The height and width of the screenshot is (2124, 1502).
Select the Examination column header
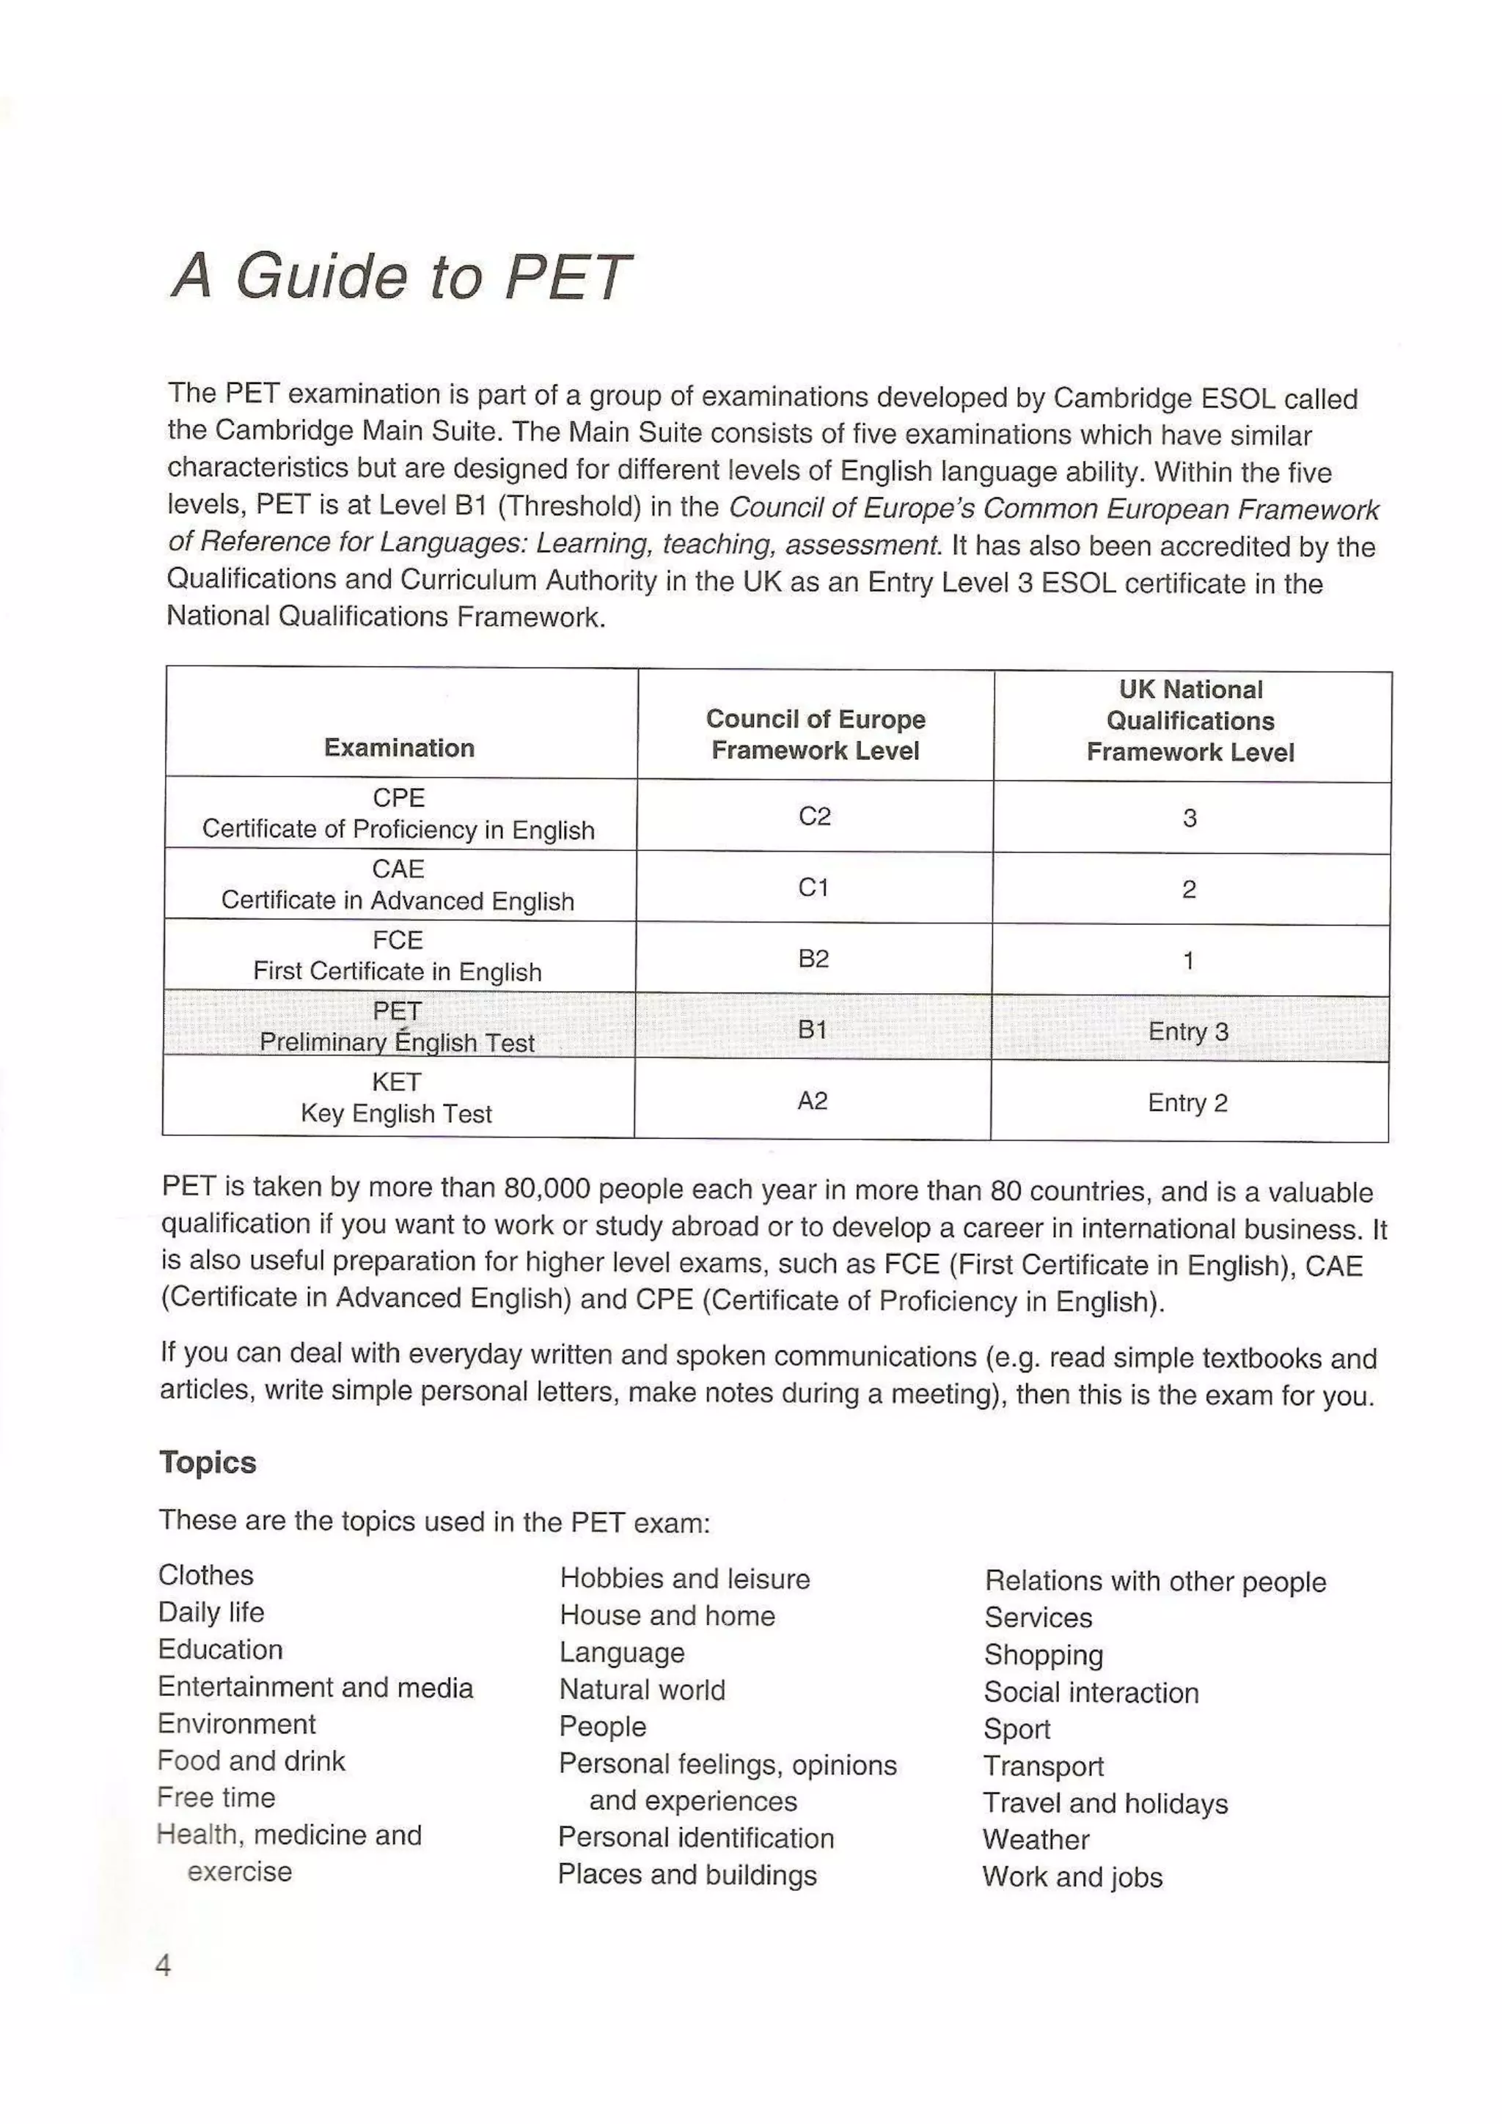click(399, 748)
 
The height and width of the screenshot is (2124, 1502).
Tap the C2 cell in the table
click(814, 816)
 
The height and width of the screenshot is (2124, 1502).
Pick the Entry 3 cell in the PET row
click(1188, 1030)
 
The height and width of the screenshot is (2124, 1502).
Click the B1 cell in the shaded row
click(813, 1029)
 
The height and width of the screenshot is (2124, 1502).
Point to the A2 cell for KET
click(813, 1101)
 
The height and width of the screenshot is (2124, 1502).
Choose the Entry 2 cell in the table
click(1187, 1103)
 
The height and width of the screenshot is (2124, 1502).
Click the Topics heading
click(208, 1463)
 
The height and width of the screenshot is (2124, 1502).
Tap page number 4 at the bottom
click(163, 1965)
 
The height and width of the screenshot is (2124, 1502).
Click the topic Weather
click(1036, 1839)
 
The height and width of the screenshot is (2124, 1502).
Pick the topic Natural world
click(642, 1690)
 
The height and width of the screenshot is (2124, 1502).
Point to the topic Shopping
click(1043, 1654)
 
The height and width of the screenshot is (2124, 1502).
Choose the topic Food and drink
click(251, 1760)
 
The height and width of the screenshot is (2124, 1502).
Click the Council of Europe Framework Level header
click(816, 734)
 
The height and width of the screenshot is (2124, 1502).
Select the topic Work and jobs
click(1072, 1876)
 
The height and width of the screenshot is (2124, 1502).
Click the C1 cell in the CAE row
click(813, 887)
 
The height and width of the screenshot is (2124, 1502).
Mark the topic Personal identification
click(696, 1837)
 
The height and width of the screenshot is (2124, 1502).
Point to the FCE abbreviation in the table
click(398, 940)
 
